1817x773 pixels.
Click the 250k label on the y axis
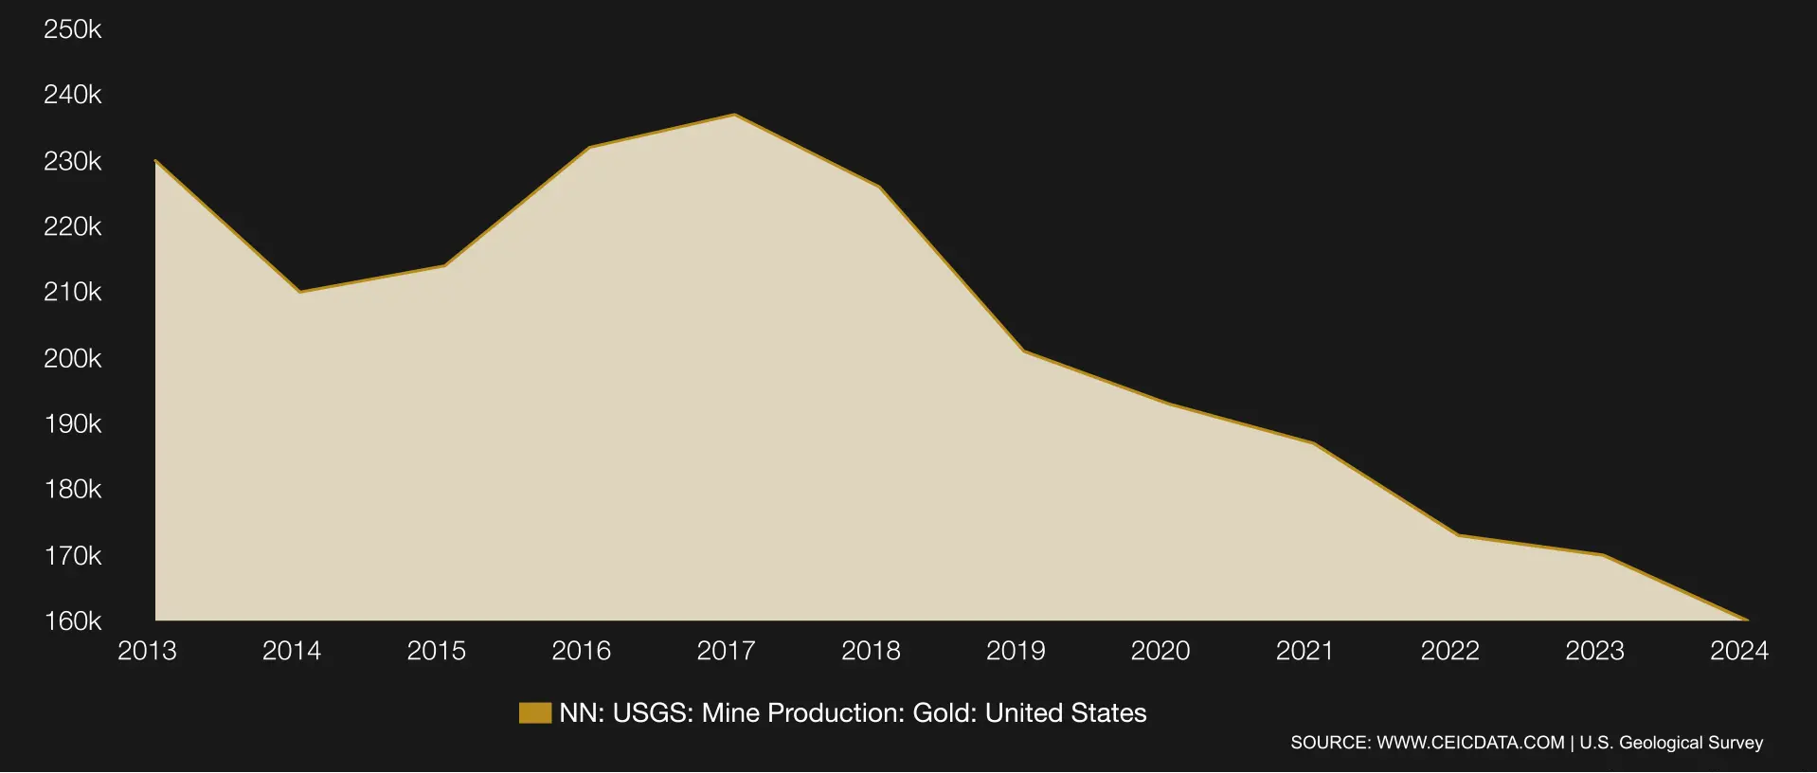72,29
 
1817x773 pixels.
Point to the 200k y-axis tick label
72,358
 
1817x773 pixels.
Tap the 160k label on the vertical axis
72,620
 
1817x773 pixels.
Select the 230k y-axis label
72,161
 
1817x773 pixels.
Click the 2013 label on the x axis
147,651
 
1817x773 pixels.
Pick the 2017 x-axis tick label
726,651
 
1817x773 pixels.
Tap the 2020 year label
1160,651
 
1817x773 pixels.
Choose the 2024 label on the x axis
1738,651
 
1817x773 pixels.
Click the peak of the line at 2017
734,116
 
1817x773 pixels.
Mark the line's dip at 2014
299,292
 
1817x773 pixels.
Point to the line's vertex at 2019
1024,351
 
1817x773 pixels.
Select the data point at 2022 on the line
1458,535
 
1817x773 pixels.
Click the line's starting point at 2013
155,161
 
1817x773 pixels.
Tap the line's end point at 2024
1747,620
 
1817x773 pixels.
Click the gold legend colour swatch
535,713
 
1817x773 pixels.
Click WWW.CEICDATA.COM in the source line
1470,743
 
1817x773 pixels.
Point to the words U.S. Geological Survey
1671,743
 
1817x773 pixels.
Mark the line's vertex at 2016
589,148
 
